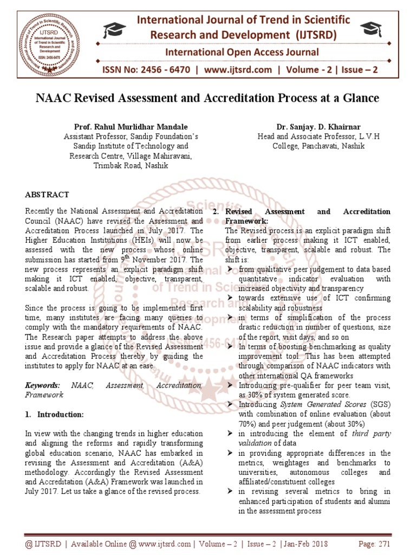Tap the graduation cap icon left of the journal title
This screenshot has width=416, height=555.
point(115,30)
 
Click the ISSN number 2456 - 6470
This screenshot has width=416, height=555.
point(154,71)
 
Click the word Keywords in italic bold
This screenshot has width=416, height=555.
point(42,385)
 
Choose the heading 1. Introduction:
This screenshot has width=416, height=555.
point(55,415)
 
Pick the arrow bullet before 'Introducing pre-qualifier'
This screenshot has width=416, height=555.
point(230,385)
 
